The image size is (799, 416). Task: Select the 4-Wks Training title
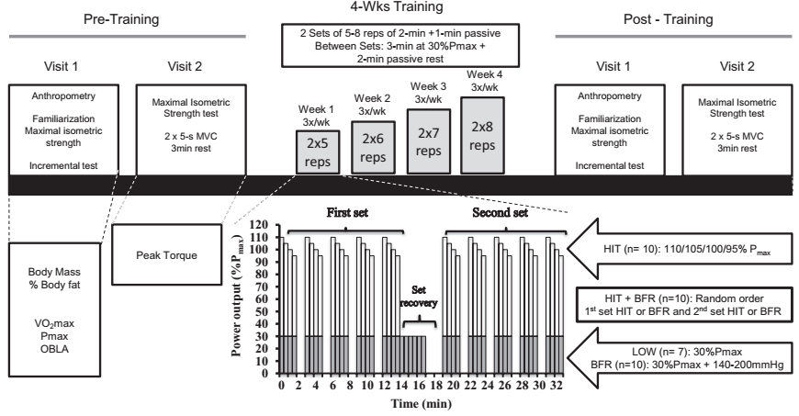[x=401, y=8]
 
